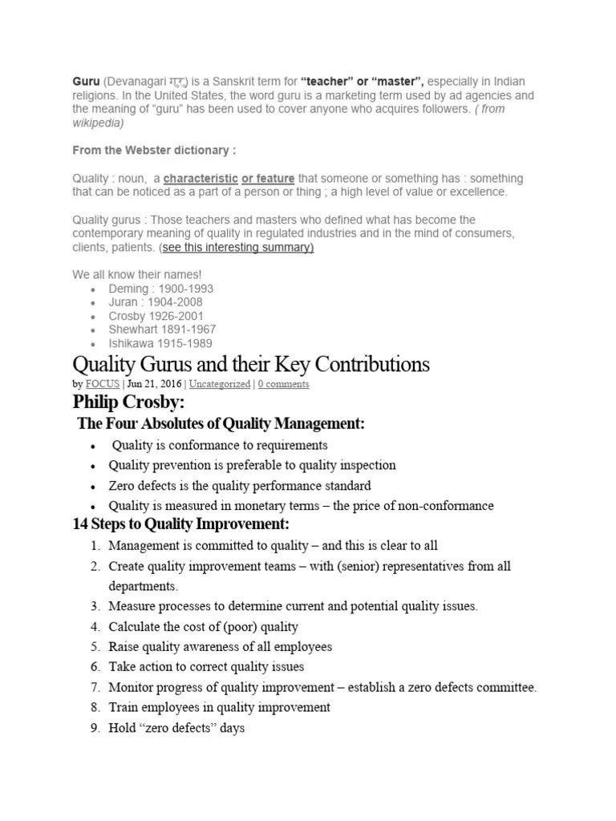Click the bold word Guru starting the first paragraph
click(86, 82)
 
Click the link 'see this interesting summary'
click(238, 247)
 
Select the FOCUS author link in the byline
click(101, 384)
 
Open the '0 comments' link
click(283, 384)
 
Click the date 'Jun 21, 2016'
click(155, 384)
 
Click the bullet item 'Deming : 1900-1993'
click(161, 289)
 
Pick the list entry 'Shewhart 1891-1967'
click(163, 330)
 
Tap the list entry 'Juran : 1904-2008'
click(156, 302)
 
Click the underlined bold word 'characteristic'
click(201, 178)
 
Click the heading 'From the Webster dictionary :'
click(154, 150)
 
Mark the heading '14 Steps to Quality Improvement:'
click(180, 524)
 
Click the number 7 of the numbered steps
click(94, 687)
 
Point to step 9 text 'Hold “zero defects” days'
click(176, 728)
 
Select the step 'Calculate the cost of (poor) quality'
click(203, 626)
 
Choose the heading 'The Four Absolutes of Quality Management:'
click(221, 423)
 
